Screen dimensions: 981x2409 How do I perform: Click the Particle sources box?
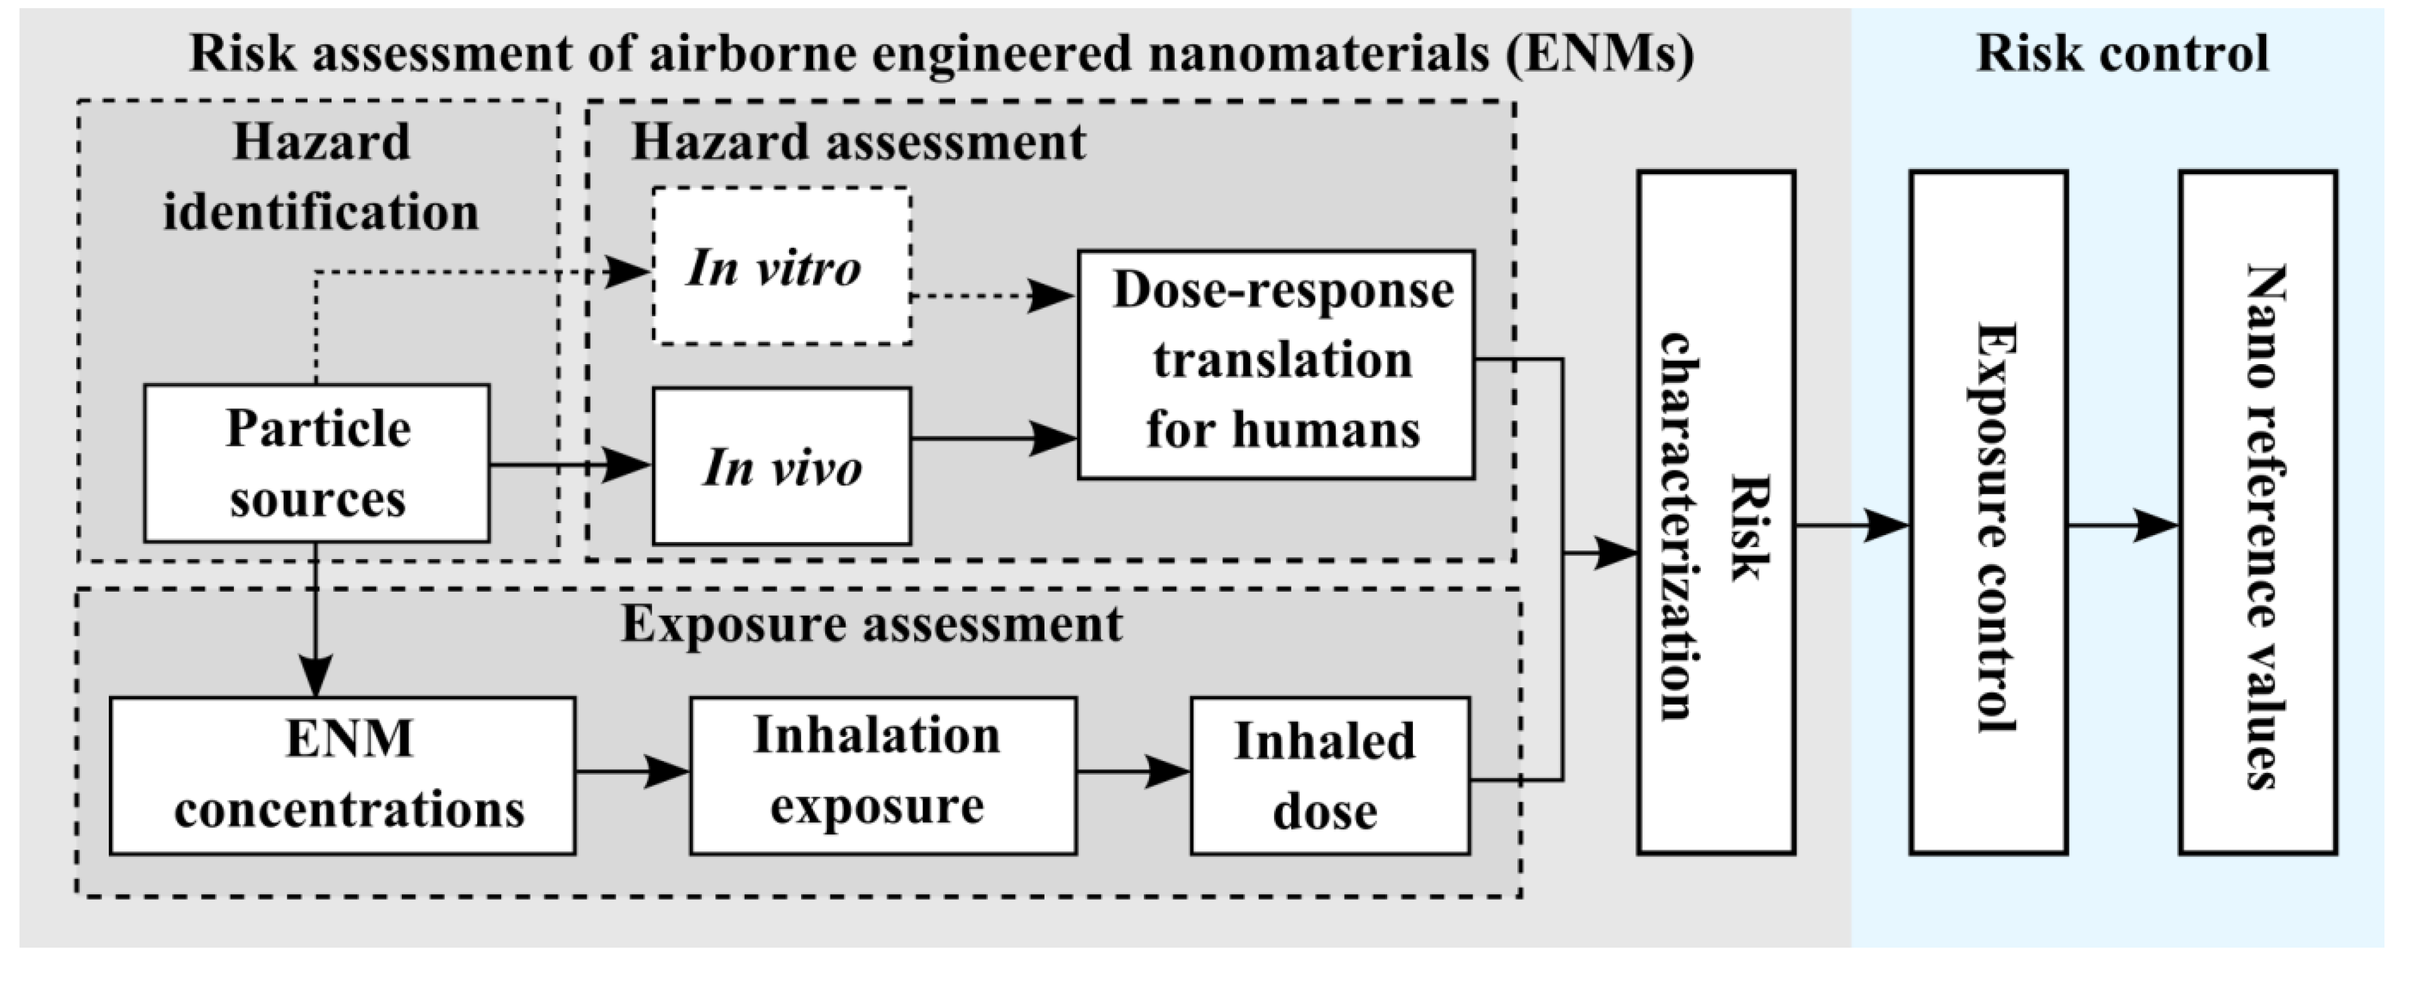[x=316, y=463]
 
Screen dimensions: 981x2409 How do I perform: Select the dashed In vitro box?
[x=781, y=267]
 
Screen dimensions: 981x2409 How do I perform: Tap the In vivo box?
[x=781, y=466]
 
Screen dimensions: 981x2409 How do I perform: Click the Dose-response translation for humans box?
[x=1276, y=365]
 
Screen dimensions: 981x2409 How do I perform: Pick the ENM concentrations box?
[x=342, y=775]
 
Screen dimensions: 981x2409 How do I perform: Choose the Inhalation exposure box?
[x=883, y=775]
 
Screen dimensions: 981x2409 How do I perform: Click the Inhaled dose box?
[x=1329, y=775]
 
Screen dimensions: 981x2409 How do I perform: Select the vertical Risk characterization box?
[x=1715, y=513]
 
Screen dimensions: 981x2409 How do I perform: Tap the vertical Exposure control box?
[x=1987, y=513]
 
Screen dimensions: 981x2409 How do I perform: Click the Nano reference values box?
[x=2257, y=513]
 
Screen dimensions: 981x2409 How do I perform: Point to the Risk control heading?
[x=2121, y=52]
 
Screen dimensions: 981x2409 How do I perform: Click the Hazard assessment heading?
[x=858, y=142]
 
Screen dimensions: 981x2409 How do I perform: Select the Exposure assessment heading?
[x=872, y=624]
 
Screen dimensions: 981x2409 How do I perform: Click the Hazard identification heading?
[x=321, y=178]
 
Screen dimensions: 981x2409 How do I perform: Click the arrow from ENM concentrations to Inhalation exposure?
[x=632, y=772]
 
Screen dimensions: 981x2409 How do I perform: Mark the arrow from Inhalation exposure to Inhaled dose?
[x=1133, y=772]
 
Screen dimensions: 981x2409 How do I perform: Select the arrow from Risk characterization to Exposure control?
[x=1851, y=526]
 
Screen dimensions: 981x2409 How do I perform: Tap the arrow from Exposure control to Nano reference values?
[x=2122, y=526]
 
